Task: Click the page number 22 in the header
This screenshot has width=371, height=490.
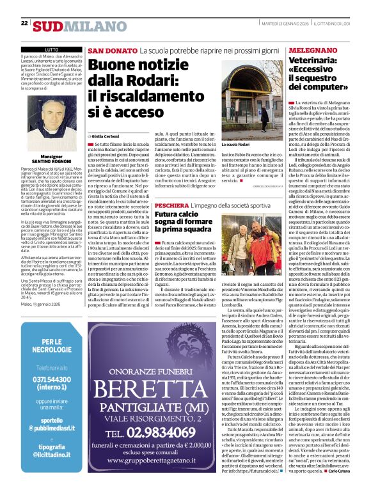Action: (24, 24)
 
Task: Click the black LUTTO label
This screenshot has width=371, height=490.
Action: (52, 49)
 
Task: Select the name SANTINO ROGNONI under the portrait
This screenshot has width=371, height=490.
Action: (52, 161)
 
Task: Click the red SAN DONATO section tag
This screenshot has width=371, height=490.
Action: (104, 50)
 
